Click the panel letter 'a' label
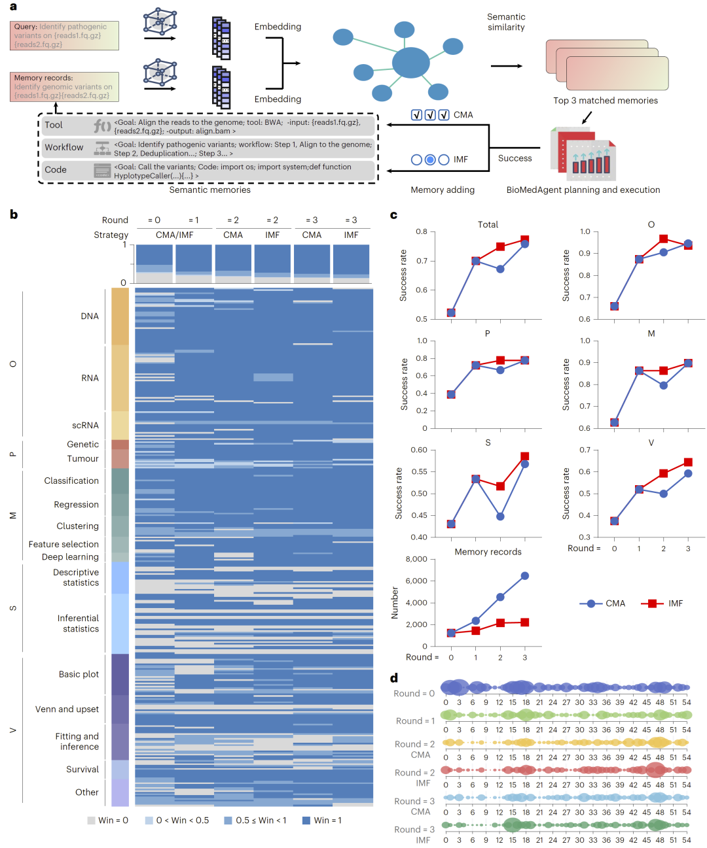click(x=13, y=7)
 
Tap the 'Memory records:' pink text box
click(x=64, y=86)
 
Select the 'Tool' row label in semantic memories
click(x=54, y=125)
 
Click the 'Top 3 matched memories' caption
click(x=606, y=101)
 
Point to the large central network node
click(x=411, y=63)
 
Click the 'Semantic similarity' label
click(x=506, y=22)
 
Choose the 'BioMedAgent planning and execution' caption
click(x=583, y=190)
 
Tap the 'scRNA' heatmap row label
click(x=85, y=425)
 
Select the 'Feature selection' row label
click(x=63, y=544)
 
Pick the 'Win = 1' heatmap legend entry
click(x=321, y=820)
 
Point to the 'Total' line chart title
click(x=488, y=224)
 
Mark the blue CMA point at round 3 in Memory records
click(x=524, y=576)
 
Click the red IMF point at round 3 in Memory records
click(x=524, y=622)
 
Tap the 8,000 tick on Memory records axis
click(x=416, y=559)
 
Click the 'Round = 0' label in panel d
click(x=414, y=694)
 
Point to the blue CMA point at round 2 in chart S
click(x=500, y=517)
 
